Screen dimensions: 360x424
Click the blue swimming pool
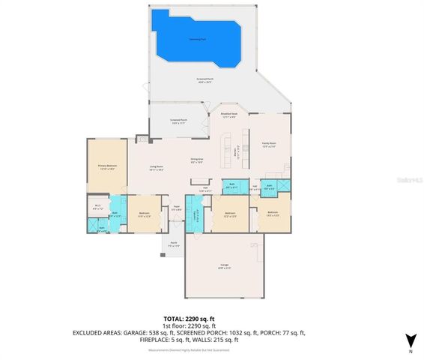click(196, 37)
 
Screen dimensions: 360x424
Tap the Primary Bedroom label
click(106, 167)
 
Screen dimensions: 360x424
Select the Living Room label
click(157, 168)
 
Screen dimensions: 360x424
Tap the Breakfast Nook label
click(229, 115)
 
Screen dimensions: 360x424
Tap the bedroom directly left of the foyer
click(144, 214)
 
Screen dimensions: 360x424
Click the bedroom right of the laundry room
click(229, 214)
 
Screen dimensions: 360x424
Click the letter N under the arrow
click(410, 352)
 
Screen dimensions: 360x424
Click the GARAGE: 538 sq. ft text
click(150, 332)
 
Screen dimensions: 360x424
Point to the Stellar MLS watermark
click(409, 180)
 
